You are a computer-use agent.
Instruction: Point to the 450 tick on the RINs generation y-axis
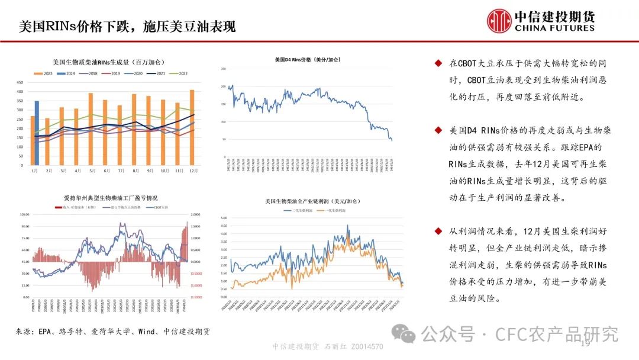click(20, 83)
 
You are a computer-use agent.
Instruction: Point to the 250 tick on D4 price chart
click(223, 69)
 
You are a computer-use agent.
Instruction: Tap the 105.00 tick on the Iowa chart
click(25, 214)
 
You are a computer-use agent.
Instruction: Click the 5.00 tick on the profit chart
click(224, 218)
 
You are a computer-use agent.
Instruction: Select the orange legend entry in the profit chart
click(331, 210)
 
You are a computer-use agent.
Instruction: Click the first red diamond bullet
click(438, 63)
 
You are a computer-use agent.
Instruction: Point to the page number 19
click(586, 345)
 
